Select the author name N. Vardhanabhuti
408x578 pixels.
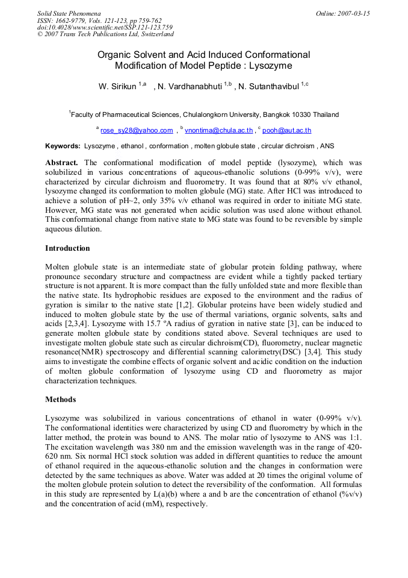point(190,87)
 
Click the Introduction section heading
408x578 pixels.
point(68,248)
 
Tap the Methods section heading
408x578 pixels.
point(61,399)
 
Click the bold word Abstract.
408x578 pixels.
point(62,163)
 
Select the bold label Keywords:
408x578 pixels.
point(63,146)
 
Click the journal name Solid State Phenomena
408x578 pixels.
point(69,13)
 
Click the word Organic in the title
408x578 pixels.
point(116,54)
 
